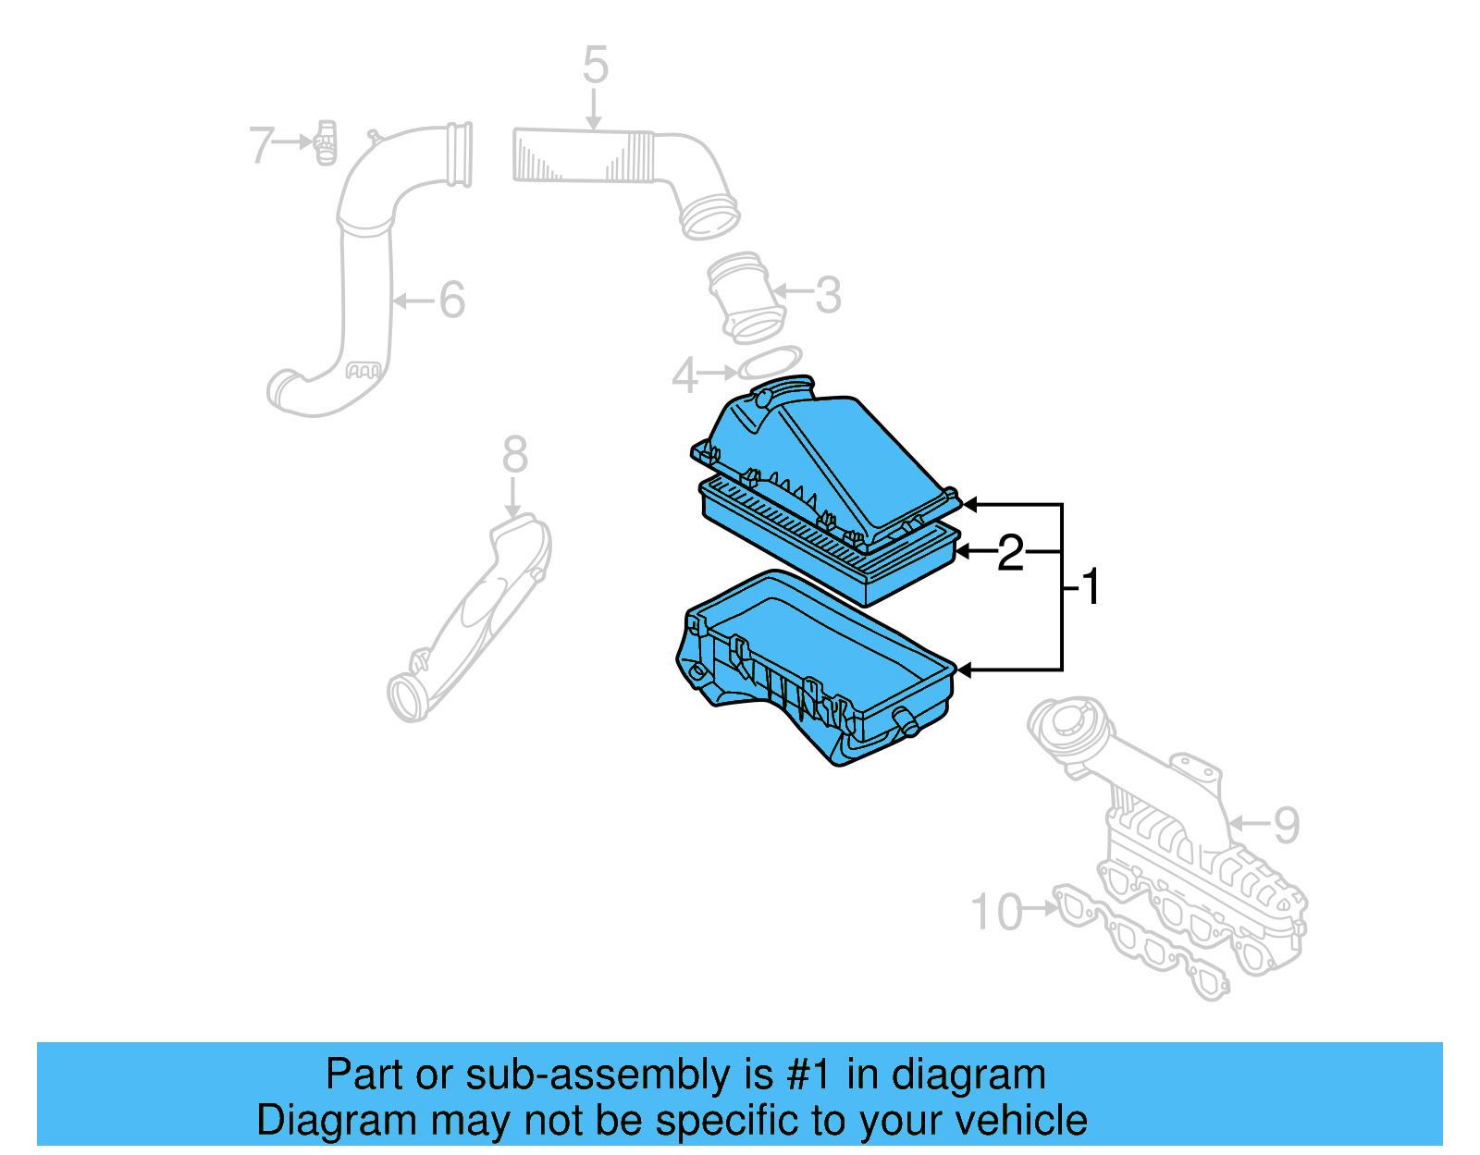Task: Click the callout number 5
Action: coord(596,67)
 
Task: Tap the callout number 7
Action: coord(262,145)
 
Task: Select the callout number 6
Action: coord(451,300)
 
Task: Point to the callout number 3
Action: coord(828,295)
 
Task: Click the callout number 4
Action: coord(684,375)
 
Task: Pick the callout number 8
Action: coord(515,455)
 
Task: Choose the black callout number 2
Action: coord(1010,553)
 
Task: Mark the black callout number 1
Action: coord(1091,586)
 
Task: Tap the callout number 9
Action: coord(1287,825)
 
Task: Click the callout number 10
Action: coord(997,912)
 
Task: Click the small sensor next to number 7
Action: coord(326,142)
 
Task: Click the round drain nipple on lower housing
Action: coord(906,722)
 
